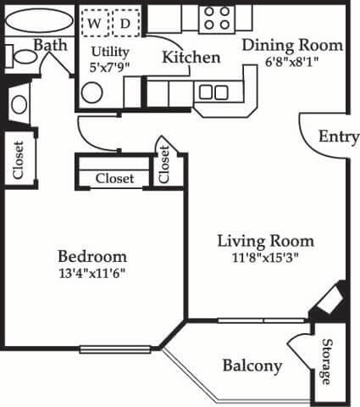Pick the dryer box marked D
(125, 24)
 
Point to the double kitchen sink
(212, 92)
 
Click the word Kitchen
(191, 58)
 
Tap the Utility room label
(108, 51)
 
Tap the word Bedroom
(92, 255)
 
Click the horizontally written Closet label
(114, 179)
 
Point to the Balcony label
(252, 365)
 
